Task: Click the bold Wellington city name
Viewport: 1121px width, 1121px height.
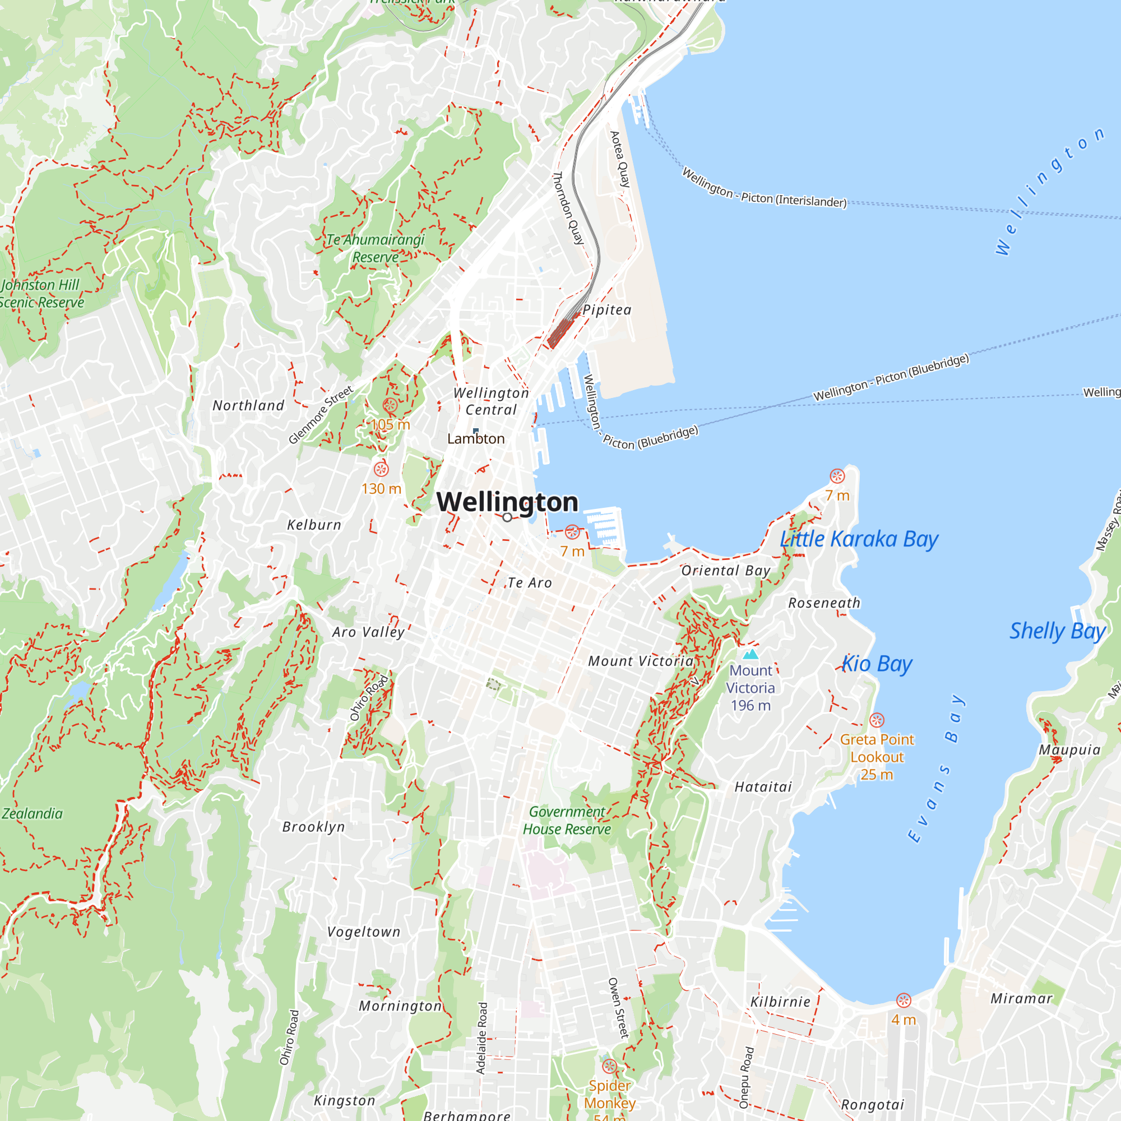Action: click(507, 502)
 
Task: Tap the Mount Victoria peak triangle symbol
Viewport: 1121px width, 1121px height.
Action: click(751, 655)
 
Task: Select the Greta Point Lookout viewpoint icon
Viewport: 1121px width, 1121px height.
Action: click(877, 720)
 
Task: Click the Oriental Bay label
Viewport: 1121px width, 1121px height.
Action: click(725, 571)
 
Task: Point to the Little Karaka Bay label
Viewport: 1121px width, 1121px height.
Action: click(859, 539)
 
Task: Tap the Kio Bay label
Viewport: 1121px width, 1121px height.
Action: click(877, 663)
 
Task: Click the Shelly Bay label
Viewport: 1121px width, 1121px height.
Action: click(1057, 631)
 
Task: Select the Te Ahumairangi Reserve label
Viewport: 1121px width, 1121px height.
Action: click(376, 248)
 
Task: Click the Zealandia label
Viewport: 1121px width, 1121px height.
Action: click(32, 813)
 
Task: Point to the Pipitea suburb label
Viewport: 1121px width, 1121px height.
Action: click(607, 310)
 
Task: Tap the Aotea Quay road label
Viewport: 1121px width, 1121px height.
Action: click(620, 159)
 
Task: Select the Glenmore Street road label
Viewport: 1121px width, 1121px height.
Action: click(321, 414)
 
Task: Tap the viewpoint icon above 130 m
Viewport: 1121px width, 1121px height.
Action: click(381, 469)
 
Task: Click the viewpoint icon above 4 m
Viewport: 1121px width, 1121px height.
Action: click(904, 1000)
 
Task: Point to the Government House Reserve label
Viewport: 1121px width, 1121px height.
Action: click(567, 820)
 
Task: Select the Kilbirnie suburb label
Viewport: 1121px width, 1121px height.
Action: click(780, 1002)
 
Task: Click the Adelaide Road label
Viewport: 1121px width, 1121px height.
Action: click(481, 1038)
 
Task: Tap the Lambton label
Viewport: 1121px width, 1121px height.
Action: click(476, 439)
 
